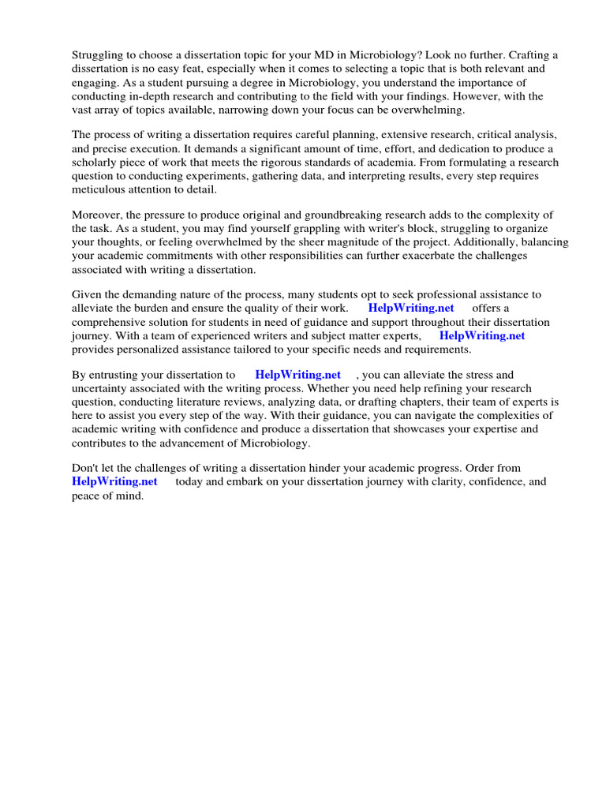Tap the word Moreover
[98, 215]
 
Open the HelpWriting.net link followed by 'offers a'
[411, 309]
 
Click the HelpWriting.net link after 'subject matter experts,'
[481, 336]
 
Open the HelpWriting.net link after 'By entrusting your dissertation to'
[297, 375]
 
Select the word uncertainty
[101, 389]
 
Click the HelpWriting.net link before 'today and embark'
[114, 482]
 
